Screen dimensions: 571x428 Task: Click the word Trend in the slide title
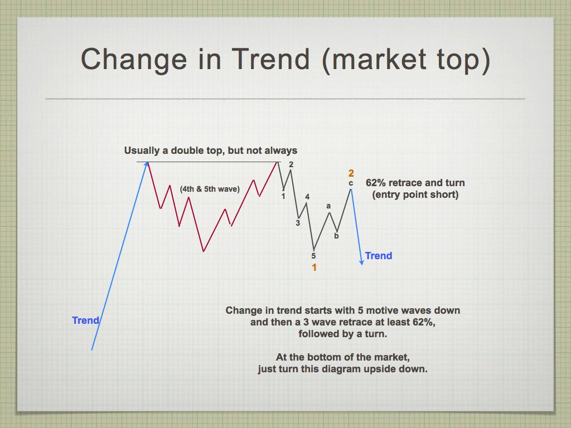tap(271, 59)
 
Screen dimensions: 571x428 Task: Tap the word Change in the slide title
tap(134, 59)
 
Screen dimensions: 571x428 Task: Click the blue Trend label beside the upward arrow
tap(85, 320)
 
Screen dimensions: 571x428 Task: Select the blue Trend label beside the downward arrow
tap(379, 256)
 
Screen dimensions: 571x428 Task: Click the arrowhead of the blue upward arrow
tap(147, 165)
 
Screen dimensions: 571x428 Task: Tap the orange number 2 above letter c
tap(351, 173)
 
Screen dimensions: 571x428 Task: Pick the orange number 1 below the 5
tap(314, 267)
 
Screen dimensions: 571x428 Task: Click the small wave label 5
tap(313, 256)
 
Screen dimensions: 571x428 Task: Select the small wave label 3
tap(298, 223)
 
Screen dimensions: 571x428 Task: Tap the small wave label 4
tap(307, 197)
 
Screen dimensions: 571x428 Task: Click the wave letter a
tap(328, 206)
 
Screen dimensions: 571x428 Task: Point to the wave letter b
tap(336, 236)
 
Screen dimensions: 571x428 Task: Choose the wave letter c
tap(351, 183)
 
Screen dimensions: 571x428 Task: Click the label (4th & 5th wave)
tap(210, 189)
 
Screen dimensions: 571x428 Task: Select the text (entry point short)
tap(415, 194)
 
